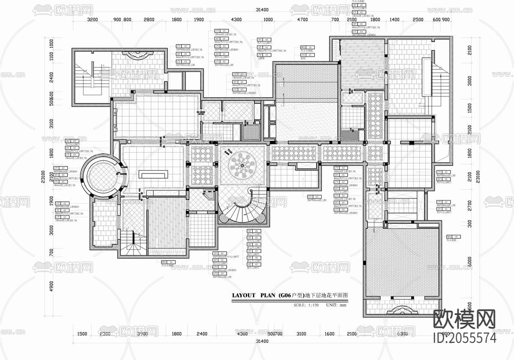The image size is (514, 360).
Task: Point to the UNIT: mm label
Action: coord(336,305)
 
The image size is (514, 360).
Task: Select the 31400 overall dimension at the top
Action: coord(262,10)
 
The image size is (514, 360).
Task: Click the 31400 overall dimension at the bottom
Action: coord(262,342)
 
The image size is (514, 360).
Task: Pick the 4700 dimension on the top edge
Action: coord(302,20)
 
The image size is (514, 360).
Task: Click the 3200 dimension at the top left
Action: coord(93,20)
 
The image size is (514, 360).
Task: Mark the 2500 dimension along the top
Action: coord(418,20)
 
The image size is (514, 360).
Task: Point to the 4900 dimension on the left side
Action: coord(51,286)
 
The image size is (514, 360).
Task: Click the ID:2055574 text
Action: coord(465,339)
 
